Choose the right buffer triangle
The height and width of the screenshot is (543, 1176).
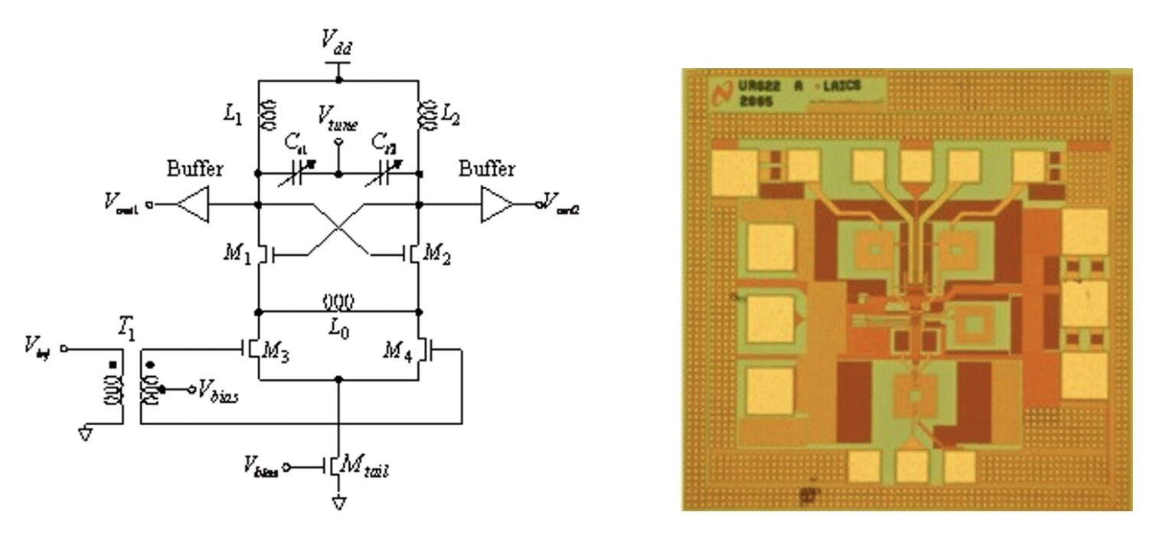tap(496, 205)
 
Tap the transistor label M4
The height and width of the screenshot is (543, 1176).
tap(399, 351)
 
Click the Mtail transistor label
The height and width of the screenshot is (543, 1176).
tap(365, 466)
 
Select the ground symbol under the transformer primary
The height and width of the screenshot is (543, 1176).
tap(86, 434)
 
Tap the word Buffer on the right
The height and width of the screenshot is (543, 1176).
tap(486, 168)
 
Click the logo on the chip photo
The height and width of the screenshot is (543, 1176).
tap(720, 93)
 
